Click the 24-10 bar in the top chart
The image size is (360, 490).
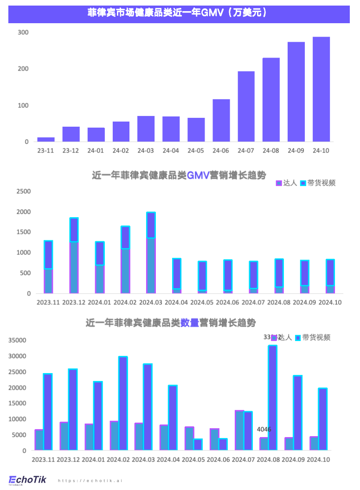321,89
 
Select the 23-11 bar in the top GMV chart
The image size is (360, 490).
46,139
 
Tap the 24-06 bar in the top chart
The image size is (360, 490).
221,120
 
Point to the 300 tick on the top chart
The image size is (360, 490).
23,32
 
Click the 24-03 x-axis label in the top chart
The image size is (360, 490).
146,151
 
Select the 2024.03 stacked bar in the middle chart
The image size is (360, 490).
151,253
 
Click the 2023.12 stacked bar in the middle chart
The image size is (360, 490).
74,255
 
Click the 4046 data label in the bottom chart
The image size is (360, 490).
264,430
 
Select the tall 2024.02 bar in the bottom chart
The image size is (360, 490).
123,403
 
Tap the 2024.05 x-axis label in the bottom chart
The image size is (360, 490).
193,460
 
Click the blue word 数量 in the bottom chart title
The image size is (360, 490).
190,322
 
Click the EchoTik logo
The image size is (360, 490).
27,480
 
